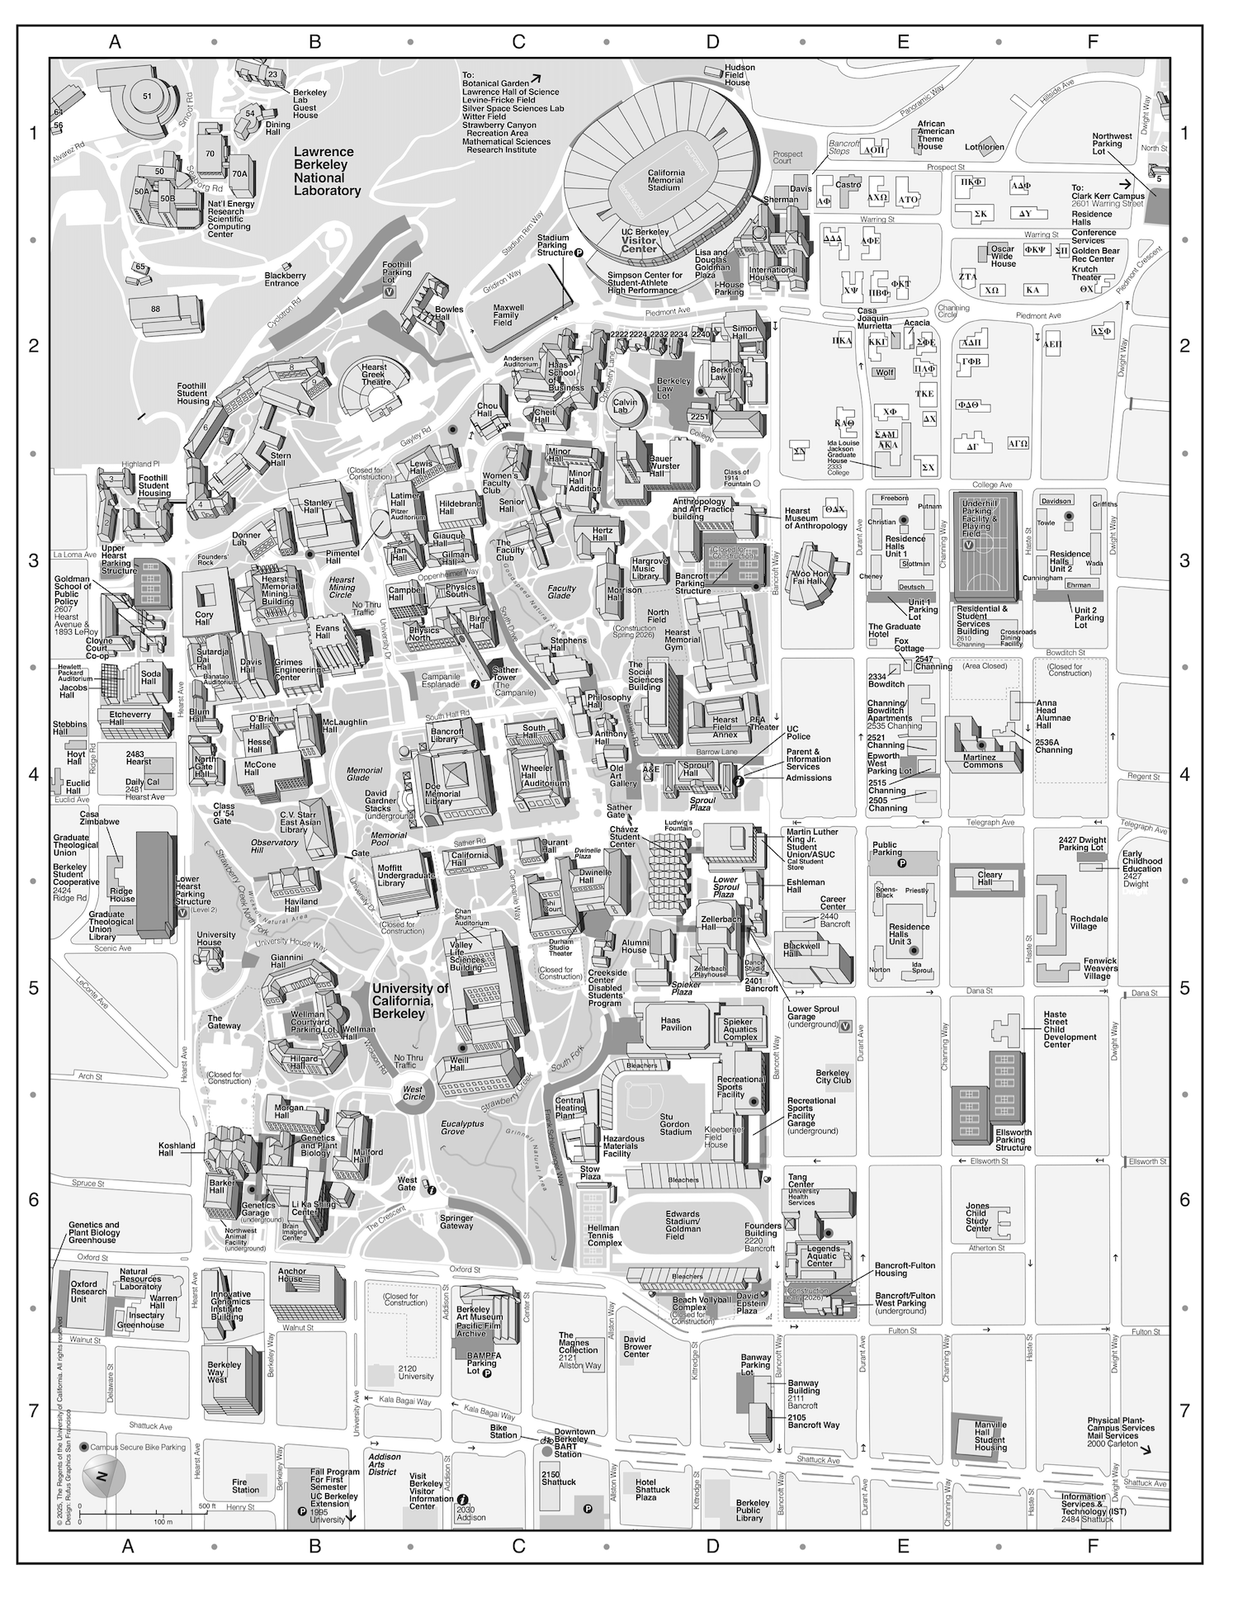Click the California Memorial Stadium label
tap(664, 180)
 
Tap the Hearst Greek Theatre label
tap(374, 375)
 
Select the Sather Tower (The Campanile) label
tap(505, 682)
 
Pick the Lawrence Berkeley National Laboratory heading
tap(327, 172)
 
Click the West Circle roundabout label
tap(413, 1094)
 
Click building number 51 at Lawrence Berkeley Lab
tap(147, 97)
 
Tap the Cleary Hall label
tap(990, 879)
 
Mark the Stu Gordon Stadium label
tap(675, 1124)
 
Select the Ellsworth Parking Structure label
tap(1014, 1140)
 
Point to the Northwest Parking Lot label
tap(1112, 144)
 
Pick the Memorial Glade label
tap(364, 773)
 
